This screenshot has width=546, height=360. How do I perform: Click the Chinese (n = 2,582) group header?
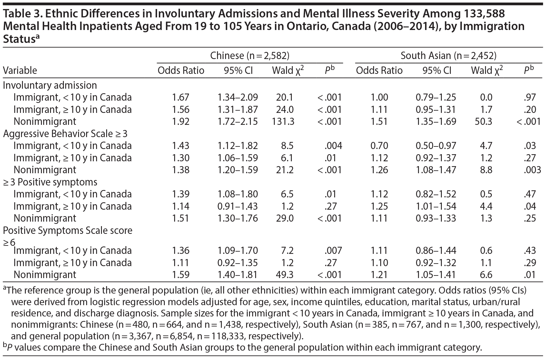(x=250, y=56)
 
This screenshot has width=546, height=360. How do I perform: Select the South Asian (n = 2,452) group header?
(x=448, y=56)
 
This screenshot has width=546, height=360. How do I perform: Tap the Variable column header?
(x=20, y=70)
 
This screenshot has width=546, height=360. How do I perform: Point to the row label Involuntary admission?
(x=50, y=85)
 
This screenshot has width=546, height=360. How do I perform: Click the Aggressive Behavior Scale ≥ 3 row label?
(x=65, y=134)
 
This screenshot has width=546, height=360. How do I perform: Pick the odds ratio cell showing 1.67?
(x=181, y=97)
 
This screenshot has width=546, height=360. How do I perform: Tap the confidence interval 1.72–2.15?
(x=238, y=122)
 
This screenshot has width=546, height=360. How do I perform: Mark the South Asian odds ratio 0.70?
(x=379, y=146)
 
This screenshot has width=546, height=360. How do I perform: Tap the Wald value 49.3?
(x=285, y=275)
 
